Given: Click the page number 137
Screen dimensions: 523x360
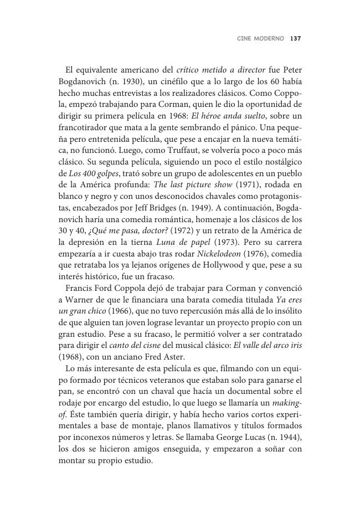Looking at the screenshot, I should pyautogui.click(x=295, y=39).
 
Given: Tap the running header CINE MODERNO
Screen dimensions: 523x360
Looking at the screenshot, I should pyautogui.click(x=260, y=39).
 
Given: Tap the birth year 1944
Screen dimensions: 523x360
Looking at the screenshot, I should pyautogui.click(x=287, y=438).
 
